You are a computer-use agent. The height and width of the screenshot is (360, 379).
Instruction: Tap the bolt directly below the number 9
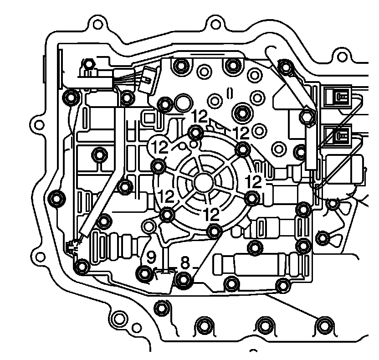144,274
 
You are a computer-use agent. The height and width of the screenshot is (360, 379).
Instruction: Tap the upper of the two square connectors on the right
338,97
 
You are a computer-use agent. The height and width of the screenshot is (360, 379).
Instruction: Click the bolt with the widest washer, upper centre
241,111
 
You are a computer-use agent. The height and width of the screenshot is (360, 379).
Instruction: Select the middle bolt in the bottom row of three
264,326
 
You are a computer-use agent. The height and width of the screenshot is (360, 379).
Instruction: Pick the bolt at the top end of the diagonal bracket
285,67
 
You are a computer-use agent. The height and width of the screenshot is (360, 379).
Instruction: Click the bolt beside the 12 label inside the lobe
159,166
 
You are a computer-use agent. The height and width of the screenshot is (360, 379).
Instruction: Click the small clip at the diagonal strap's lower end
73,247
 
